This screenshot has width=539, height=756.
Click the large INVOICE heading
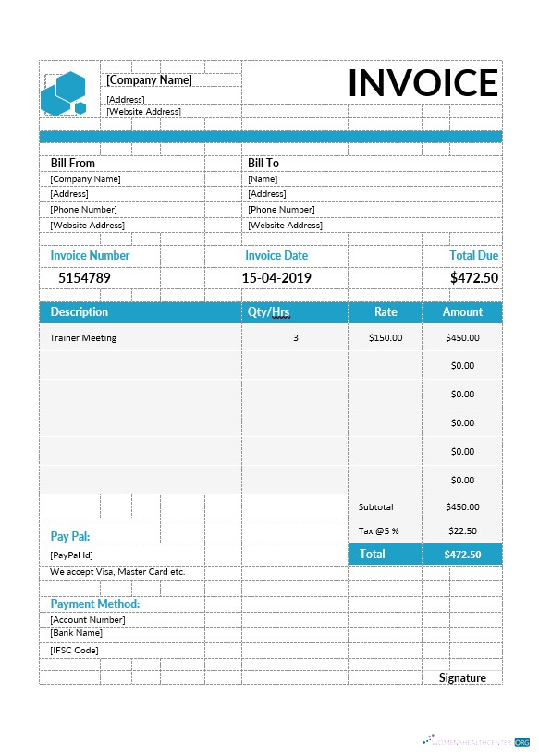coord(423,84)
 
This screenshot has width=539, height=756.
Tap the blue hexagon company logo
coord(64,92)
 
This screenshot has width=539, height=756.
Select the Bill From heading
coord(72,163)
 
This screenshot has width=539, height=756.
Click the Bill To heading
coord(263,163)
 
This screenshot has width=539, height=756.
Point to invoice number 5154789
coord(84,277)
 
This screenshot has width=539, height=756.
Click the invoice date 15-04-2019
coord(276,277)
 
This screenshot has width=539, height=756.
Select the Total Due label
coord(473,255)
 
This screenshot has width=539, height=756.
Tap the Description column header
coord(80,312)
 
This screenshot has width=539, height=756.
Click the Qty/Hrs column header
coord(269,312)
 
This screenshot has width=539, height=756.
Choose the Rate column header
coord(386,312)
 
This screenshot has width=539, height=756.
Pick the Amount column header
coord(462,312)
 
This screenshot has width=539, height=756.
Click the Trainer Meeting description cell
coord(83,338)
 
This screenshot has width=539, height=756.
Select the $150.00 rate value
coord(386,338)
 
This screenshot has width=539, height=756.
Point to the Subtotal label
coord(375,507)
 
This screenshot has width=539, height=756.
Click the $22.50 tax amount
coord(462,531)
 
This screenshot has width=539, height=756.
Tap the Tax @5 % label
coord(378,531)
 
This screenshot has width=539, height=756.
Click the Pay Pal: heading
coord(70,536)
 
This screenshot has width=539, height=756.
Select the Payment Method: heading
coord(95,604)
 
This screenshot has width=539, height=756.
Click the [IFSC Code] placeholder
coord(74,650)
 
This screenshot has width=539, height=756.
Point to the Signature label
coord(462,677)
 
